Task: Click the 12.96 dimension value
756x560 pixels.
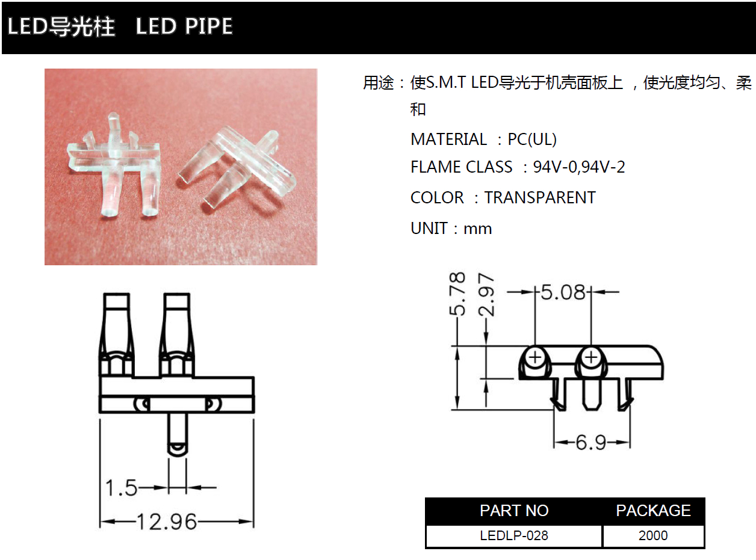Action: (x=166, y=522)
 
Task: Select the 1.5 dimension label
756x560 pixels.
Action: (x=122, y=487)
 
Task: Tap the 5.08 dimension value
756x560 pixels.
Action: (x=563, y=292)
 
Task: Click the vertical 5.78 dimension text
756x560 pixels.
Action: (x=457, y=294)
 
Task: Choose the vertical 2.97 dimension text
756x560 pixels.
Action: (x=486, y=295)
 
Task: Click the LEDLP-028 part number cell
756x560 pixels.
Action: (x=513, y=535)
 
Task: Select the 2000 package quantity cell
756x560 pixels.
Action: (x=653, y=535)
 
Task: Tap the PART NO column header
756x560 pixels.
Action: (x=513, y=511)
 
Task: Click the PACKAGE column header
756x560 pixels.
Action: (x=653, y=511)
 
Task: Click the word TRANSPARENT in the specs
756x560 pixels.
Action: (x=540, y=198)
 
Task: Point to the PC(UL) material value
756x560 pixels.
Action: (x=532, y=140)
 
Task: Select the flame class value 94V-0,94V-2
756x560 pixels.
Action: (x=579, y=167)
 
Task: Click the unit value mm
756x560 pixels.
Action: (x=478, y=229)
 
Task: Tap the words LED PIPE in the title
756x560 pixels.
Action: (x=184, y=26)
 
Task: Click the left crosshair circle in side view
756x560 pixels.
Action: (x=535, y=358)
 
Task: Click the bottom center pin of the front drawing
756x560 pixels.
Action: (x=177, y=438)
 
